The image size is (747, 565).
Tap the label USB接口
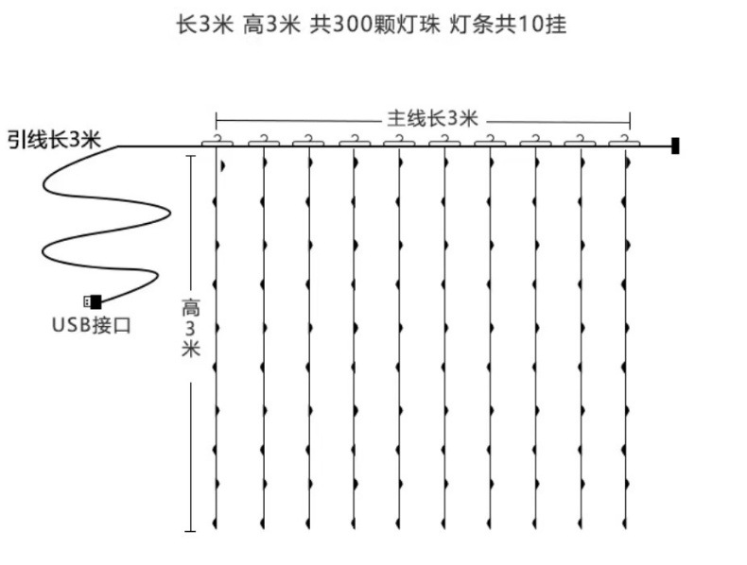coord(91,326)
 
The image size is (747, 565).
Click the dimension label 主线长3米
coord(432,119)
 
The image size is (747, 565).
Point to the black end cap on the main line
coord(675,146)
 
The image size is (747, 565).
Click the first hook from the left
coord(217,141)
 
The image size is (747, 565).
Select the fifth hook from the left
coord(398,141)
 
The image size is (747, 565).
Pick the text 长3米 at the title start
coord(204,25)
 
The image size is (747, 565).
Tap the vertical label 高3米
coord(191,328)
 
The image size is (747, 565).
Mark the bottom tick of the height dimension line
coord(191,531)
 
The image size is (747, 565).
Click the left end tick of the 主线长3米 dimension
coord(217,120)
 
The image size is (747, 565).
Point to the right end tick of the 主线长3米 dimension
coord(630,120)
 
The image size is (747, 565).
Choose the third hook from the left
coord(308,141)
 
